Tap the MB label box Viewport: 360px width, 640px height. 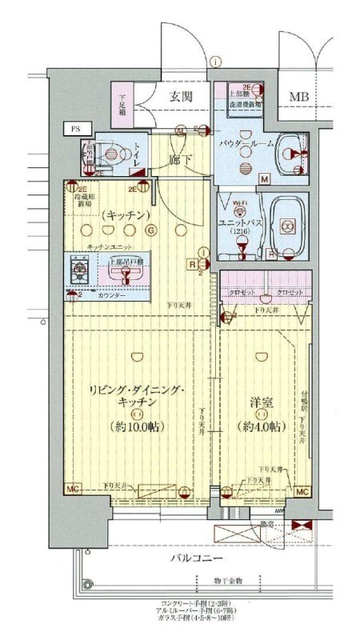pos(298,97)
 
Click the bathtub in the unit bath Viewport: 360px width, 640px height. pos(287,225)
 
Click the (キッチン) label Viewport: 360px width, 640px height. pos(121,214)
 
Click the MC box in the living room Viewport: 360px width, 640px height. pos(72,490)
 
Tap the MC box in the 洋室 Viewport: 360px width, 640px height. pos(302,491)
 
